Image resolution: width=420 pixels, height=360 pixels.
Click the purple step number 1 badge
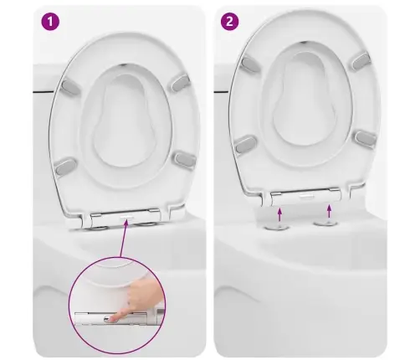[50, 21]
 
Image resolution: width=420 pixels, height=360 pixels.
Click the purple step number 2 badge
[229, 21]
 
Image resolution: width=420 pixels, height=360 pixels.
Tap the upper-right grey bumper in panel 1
[180, 83]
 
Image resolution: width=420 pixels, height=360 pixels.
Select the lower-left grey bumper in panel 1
[66, 166]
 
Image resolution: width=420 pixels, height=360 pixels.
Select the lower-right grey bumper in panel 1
[185, 160]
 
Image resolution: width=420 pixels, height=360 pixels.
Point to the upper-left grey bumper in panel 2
[249, 64]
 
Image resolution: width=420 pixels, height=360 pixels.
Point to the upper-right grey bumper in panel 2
[361, 60]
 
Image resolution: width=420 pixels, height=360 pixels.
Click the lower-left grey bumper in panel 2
[246, 144]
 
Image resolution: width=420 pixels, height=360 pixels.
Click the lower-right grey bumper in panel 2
[366, 138]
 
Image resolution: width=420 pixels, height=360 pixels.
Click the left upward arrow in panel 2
[279, 215]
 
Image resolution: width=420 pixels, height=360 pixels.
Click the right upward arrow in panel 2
[330, 211]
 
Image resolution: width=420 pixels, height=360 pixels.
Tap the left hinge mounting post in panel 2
[277, 227]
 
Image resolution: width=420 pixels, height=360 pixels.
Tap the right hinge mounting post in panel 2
[325, 223]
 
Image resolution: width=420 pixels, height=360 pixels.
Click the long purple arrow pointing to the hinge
[124, 238]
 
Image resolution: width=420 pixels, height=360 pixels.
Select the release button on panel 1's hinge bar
[127, 217]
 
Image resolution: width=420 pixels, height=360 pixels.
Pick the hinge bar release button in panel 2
[306, 197]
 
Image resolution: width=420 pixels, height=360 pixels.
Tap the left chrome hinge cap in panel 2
[276, 194]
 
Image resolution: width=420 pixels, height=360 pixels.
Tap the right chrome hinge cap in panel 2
[335, 190]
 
